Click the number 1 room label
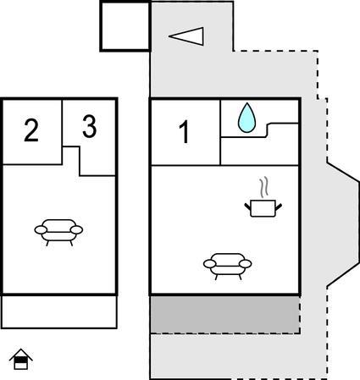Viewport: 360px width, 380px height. [x=185, y=132]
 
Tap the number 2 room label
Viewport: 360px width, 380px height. [x=31, y=130]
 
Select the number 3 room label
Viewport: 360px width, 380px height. [x=90, y=127]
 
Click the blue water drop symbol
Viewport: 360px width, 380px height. [x=246, y=118]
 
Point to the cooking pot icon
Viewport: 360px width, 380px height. [x=263, y=208]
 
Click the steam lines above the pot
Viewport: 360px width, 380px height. [x=264, y=187]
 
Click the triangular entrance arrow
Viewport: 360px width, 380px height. [x=186, y=36]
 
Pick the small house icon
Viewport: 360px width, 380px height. [x=21, y=359]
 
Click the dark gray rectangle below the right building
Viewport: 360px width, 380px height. [x=225, y=315]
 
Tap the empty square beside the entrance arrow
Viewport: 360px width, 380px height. [x=125, y=26]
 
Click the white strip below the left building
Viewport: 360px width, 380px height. [x=59, y=311]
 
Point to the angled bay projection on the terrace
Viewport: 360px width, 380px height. [x=342, y=225]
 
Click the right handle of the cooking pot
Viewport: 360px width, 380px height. [x=279, y=207]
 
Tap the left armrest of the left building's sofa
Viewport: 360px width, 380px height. [x=41, y=230]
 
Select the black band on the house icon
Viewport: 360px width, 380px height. [x=21, y=360]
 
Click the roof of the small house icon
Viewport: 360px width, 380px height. [x=21, y=355]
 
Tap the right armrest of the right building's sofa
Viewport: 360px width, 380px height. [x=245, y=264]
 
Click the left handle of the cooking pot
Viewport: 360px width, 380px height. [x=248, y=207]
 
